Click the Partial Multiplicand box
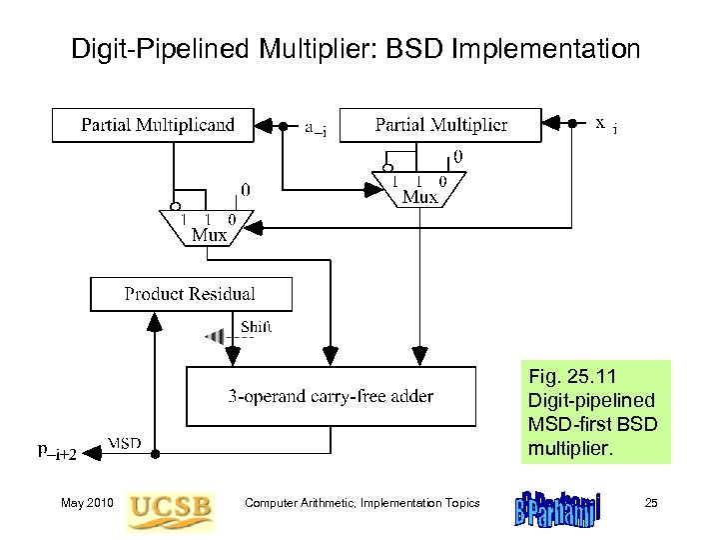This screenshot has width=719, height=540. [x=158, y=125]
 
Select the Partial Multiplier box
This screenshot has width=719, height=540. [x=440, y=125]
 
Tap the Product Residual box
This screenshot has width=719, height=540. [x=190, y=294]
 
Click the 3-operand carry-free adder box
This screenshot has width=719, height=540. [x=330, y=396]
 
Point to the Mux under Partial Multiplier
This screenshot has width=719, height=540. [x=419, y=189]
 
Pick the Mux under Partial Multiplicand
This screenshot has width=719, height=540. [x=208, y=226]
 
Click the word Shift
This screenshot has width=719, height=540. [x=256, y=327]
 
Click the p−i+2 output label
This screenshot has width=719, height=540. [x=57, y=452]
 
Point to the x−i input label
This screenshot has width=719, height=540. [x=605, y=124]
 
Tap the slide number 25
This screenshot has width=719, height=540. [x=652, y=503]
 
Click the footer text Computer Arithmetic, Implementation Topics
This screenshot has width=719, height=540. [x=363, y=503]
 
